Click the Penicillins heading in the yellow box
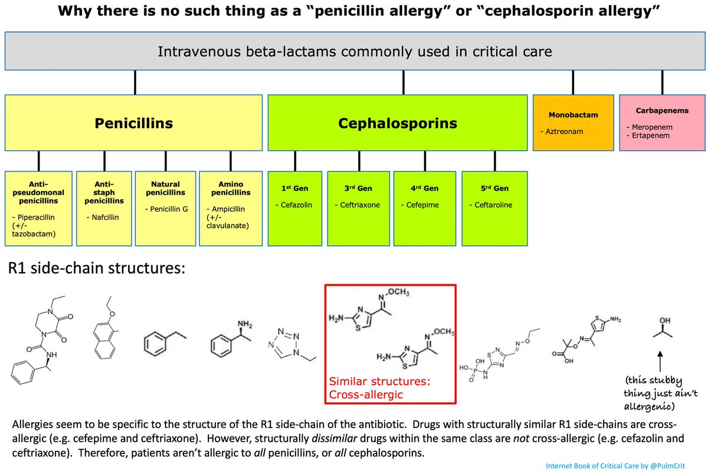[134, 123]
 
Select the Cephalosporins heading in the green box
[398, 123]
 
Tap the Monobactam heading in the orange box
[573, 115]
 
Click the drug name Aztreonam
[564, 131]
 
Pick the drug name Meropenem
[652, 127]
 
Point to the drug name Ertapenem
[650, 135]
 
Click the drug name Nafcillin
[105, 217]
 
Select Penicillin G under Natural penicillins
[169, 209]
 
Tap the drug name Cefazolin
[296, 205]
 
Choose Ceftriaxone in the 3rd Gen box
[360, 205]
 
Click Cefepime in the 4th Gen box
[422, 205]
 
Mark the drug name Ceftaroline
[493, 205]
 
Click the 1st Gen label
[294, 188]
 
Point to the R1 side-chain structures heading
[96, 268]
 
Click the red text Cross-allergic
[366, 394]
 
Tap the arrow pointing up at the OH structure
[660, 361]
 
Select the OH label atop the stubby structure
[665, 321]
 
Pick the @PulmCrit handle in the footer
[667, 466]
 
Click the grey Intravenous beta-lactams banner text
[355, 51]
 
